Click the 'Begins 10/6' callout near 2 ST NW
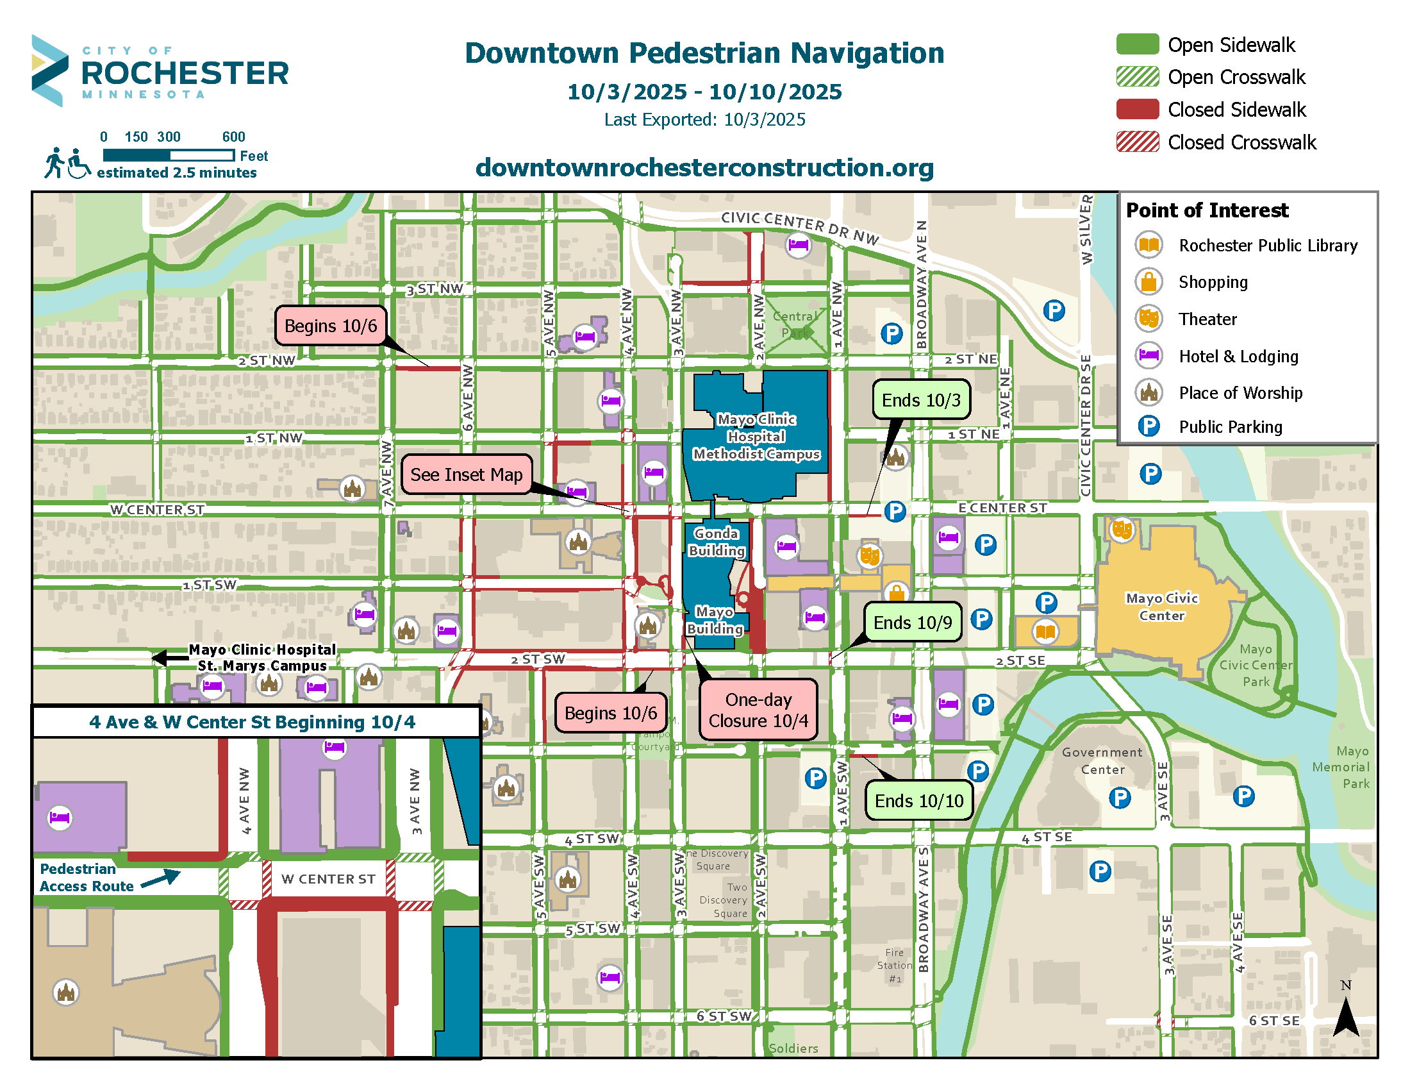pyautogui.click(x=331, y=326)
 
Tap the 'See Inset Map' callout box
pyautogui.click(x=466, y=474)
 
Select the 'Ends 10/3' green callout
pyautogui.click(x=920, y=400)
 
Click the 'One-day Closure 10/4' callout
pyautogui.click(x=758, y=710)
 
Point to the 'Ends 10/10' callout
pyautogui.click(x=918, y=801)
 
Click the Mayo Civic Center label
pyautogui.click(x=1161, y=607)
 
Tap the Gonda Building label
pyautogui.click(x=716, y=542)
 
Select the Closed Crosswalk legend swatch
pyautogui.click(x=1138, y=142)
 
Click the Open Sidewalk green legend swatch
pyautogui.click(x=1138, y=44)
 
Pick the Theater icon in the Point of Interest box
pyautogui.click(x=1149, y=319)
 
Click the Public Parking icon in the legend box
pyautogui.click(x=1149, y=426)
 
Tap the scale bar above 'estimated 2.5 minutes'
pyautogui.click(x=169, y=155)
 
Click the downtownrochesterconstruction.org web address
pyautogui.click(x=704, y=168)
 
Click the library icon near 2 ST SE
pyautogui.click(x=1045, y=632)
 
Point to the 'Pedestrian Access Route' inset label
pyautogui.click(x=87, y=878)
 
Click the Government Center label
pyautogui.click(x=1102, y=760)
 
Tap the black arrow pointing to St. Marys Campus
pyautogui.click(x=169, y=658)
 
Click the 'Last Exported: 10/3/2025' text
pyautogui.click(x=704, y=119)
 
